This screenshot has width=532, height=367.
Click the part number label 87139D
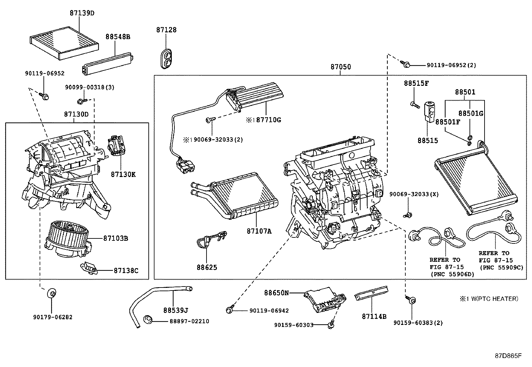coord(82,13)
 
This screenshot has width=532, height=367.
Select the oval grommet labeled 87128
coord(166,59)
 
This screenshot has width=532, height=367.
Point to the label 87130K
coord(123,174)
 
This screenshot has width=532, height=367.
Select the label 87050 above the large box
coord(341,67)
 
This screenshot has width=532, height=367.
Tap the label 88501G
coord(471,114)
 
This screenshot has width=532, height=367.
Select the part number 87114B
coord(374,316)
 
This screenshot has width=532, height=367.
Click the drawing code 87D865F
coord(508,356)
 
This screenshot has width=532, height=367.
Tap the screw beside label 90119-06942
coord(230,310)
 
